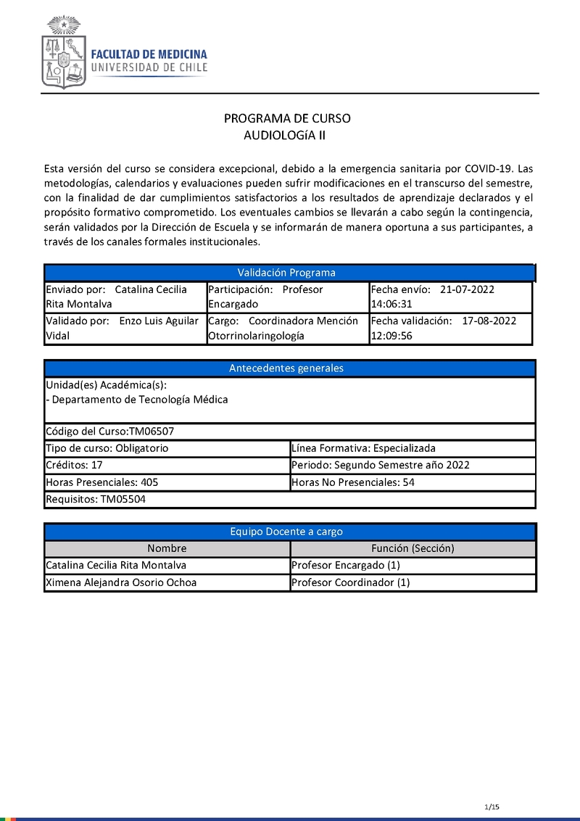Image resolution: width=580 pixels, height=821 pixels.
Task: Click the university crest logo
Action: (64, 53)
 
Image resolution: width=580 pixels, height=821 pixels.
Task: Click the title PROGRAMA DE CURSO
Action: (287, 119)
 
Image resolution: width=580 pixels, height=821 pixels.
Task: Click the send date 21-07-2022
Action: (467, 289)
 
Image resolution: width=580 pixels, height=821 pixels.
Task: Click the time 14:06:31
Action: (391, 305)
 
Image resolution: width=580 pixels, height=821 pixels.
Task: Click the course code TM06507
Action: (152, 432)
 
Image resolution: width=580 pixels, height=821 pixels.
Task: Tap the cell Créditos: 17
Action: (74, 465)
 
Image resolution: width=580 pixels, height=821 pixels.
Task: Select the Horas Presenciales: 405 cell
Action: (101, 482)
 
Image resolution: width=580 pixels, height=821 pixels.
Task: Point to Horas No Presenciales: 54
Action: (353, 482)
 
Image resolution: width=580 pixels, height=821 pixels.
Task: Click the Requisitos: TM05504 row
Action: (96, 500)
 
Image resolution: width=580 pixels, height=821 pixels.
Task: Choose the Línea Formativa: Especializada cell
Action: (363, 448)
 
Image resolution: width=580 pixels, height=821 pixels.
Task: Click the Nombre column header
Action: (167, 549)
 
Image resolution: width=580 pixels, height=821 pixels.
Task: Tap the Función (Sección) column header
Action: (413, 549)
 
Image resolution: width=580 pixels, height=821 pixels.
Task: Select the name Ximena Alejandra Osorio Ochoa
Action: (121, 583)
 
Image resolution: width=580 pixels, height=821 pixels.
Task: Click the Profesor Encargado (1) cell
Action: (346, 566)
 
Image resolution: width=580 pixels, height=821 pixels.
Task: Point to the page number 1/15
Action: (492, 807)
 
